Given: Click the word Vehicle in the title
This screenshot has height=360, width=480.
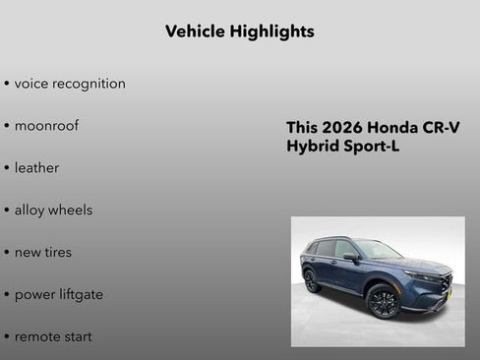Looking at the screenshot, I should [195, 31].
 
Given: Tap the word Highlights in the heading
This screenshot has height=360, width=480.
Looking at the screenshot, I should [271, 31].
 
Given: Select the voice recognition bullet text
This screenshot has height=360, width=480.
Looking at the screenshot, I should [70, 84].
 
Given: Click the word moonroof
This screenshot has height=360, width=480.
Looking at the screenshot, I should [46, 126].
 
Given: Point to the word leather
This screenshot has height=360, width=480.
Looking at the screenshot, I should [36, 168].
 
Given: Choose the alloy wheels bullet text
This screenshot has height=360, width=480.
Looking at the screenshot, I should [53, 210].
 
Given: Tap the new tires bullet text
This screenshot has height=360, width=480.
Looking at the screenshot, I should [42, 253].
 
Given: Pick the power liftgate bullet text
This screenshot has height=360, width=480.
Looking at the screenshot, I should [58, 294].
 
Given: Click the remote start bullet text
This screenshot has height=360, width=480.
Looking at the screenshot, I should [53, 336].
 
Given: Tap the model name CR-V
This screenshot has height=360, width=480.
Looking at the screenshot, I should [442, 128].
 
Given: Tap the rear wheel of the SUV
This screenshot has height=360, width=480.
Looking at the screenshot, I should [312, 281].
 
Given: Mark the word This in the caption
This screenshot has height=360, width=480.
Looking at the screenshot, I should [303, 128].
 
